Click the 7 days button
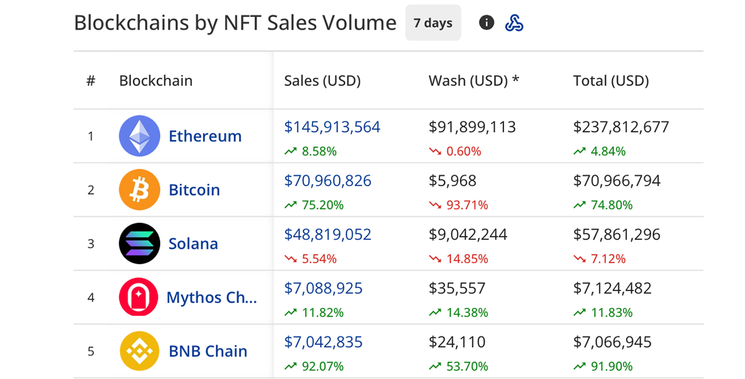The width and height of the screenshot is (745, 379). click(433, 23)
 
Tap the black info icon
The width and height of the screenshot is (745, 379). click(487, 23)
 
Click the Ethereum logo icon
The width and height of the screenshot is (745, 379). click(140, 136)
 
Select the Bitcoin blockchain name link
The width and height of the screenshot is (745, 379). click(194, 190)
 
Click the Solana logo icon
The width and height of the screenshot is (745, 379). click(140, 244)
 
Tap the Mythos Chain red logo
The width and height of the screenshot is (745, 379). click(139, 297)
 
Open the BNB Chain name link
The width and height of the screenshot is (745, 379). click(208, 351)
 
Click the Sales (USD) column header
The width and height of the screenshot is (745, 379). click(322, 80)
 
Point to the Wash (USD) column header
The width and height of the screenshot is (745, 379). click(473, 80)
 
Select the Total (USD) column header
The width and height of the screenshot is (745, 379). click(611, 80)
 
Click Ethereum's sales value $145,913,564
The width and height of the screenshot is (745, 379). click(332, 127)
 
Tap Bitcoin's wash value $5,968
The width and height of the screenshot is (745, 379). click(452, 181)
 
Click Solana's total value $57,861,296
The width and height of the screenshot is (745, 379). click(616, 234)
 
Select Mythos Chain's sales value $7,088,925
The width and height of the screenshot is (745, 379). click(323, 288)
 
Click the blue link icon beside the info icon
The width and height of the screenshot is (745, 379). click(514, 23)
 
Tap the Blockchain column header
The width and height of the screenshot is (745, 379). click(155, 80)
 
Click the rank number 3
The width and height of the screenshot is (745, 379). click(91, 244)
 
